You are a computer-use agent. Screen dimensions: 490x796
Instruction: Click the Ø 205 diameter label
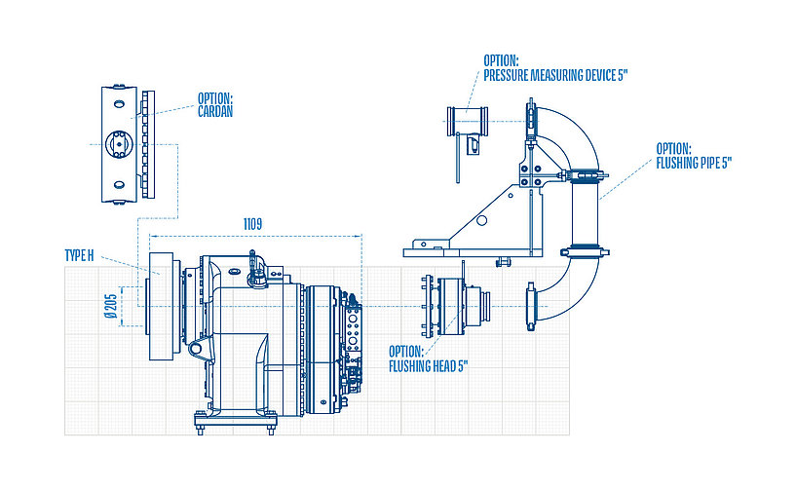[112, 305]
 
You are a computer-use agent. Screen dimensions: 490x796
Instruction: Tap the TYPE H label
[79, 255]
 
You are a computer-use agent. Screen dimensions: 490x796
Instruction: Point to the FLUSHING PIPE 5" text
[695, 163]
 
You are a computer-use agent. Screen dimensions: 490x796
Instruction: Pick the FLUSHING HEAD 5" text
[430, 366]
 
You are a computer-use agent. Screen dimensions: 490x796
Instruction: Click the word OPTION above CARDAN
[214, 97]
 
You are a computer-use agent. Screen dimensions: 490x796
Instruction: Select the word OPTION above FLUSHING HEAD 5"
[406, 351]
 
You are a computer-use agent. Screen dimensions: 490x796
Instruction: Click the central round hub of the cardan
[118, 143]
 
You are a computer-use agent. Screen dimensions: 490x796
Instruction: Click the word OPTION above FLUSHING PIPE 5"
[674, 149]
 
